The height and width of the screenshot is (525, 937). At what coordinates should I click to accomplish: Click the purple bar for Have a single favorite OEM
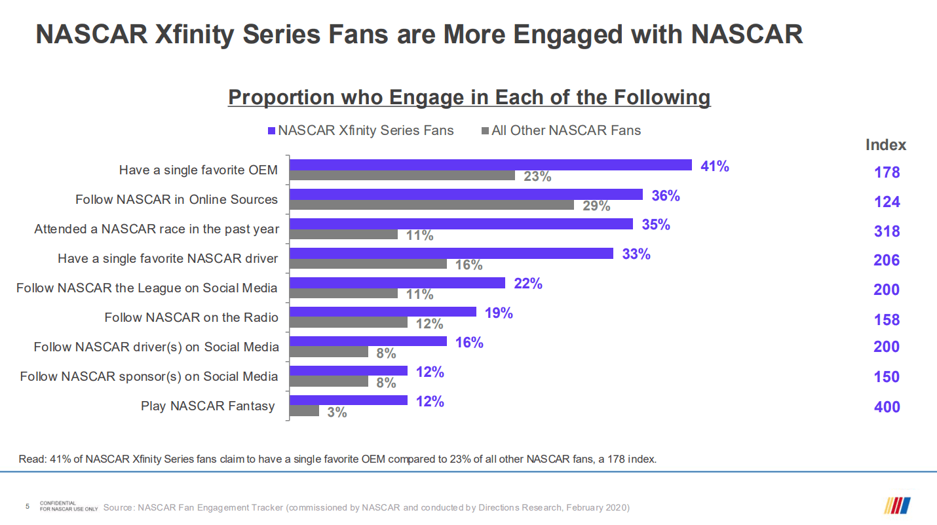coord(491,165)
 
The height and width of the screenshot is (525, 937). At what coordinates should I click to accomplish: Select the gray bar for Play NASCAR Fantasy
coord(305,411)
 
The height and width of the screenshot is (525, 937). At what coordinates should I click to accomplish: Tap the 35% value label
coord(656,225)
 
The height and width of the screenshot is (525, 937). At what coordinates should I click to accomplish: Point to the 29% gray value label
coord(596,206)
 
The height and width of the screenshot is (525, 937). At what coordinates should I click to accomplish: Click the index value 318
coord(887,231)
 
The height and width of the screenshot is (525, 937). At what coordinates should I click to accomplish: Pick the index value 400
coord(887,407)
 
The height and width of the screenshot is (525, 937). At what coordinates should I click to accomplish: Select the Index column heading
coord(886,145)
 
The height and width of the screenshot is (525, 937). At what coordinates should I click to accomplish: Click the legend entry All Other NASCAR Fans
coord(565,130)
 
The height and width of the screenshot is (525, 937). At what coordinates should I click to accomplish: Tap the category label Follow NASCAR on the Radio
coord(191,318)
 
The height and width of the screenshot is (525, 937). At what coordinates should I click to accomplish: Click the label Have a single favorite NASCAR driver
coord(168,259)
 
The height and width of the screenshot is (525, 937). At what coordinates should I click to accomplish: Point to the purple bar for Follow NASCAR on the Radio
coord(383,312)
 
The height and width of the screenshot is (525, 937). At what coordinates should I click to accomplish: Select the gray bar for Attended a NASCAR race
coord(344,234)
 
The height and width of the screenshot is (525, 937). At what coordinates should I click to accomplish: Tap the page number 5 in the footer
coord(27,507)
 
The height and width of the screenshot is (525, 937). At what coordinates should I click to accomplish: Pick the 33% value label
coord(636,254)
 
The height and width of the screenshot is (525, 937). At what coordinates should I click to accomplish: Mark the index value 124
coord(887,202)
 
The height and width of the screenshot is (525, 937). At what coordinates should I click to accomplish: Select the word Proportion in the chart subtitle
coord(280,98)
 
